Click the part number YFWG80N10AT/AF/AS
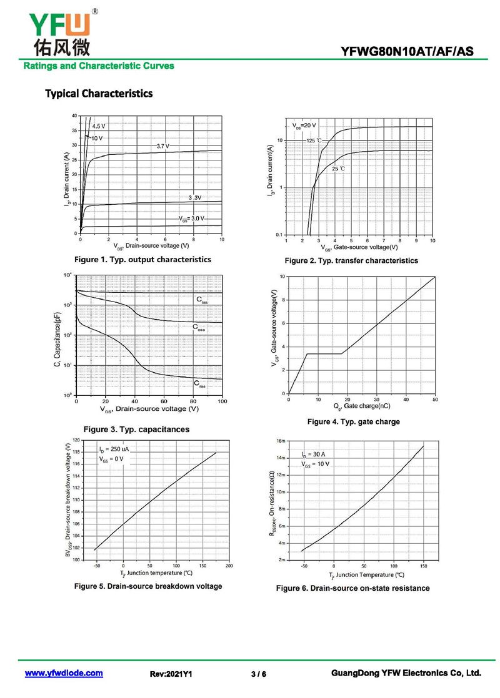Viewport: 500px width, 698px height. pyautogui.click(x=414, y=52)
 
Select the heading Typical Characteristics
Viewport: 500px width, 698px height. pyautogui.click(x=99, y=94)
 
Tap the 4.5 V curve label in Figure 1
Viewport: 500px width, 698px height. pyautogui.click(x=99, y=126)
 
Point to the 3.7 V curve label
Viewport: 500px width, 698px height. pyautogui.click(x=162, y=146)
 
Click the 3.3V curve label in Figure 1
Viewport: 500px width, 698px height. pyautogui.click(x=195, y=198)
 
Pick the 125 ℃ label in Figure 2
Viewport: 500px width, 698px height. pyautogui.click(x=314, y=141)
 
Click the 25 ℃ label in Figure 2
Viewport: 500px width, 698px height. pyautogui.click(x=338, y=169)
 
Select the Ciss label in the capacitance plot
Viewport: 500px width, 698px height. pyautogui.click(x=202, y=300)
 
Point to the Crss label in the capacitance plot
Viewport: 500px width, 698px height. pyautogui.click(x=199, y=383)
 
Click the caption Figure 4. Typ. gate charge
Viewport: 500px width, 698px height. pyautogui.click(x=353, y=422)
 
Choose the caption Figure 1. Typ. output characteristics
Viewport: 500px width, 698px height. pyautogui.click(x=142, y=260)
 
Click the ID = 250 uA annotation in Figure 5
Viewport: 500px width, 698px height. pyautogui.click(x=114, y=450)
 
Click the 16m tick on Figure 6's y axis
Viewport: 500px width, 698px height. pyautogui.click(x=281, y=441)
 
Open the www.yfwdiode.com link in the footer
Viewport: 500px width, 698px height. pyautogui.click(x=64, y=674)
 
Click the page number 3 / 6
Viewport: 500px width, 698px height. pyautogui.click(x=258, y=674)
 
